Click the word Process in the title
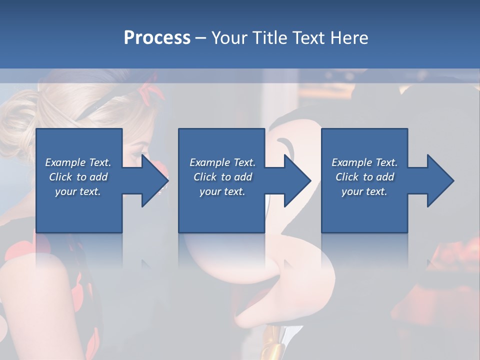click(157, 38)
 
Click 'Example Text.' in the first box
click(78, 162)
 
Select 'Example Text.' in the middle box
click(222, 162)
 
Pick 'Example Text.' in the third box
click(364, 162)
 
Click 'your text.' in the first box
click(78, 191)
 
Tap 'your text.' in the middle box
click(222, 191)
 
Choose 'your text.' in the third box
click(364, 191)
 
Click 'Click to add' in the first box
click(78, 177)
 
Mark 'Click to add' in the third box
click(364, 177)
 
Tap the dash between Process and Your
click(201, 38)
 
